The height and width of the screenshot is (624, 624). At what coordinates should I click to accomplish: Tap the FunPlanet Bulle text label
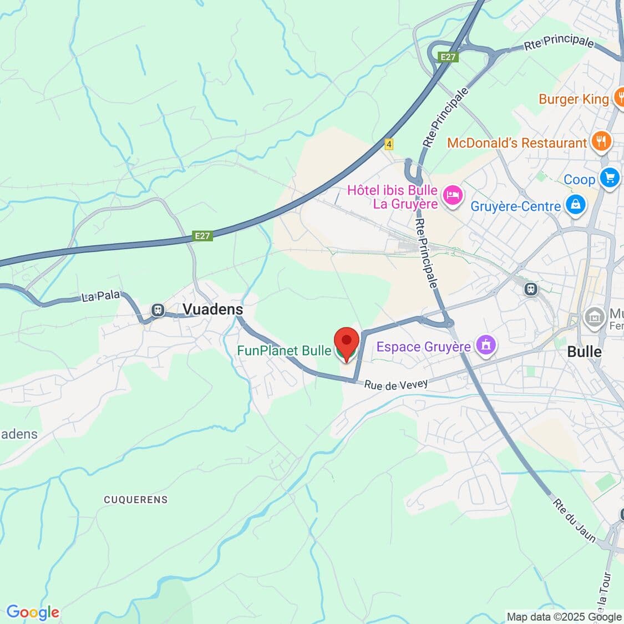click(284, 351)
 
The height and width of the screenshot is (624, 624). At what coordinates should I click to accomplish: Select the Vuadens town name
click(213, 310)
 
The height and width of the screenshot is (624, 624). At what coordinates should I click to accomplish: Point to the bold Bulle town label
click(584, 352)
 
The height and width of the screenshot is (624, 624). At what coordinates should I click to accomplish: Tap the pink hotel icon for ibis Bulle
click(454, 195)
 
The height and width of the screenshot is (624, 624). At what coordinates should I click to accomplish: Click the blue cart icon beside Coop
click(610, 178)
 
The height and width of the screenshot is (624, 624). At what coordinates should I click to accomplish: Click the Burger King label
click(574, 99)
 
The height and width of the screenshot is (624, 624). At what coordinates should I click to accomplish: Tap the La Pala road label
click(100, 297)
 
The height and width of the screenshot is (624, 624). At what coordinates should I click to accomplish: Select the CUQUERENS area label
click(135, 500)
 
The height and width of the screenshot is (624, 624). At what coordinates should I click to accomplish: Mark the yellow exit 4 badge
click(389, 144)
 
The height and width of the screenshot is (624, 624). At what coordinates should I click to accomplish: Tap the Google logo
click(33, 612)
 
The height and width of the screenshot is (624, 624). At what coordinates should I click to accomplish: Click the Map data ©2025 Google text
click(564, 617)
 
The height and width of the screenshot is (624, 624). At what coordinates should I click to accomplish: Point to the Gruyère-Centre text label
click(515, 206)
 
